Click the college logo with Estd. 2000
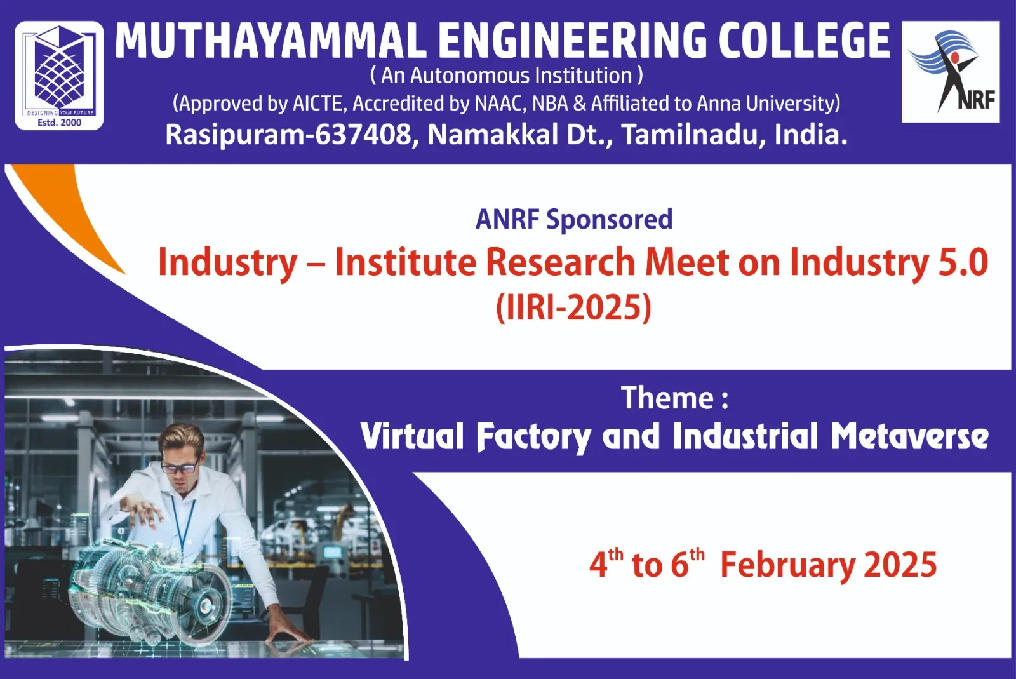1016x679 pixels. (x=60, y=76)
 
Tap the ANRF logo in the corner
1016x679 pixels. (x=951, y=72)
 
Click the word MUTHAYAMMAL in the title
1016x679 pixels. (x=271, y=41)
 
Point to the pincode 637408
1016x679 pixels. (x=363, y=135)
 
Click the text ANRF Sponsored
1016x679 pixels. (x=574, y=220)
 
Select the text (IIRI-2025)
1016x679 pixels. (x=573, y=307)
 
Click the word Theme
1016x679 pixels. (x=667, y=398)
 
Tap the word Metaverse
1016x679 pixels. (x=909, y=436)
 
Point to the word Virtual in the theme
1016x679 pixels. (x=412, y=436)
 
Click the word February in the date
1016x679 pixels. (x=788, y=565)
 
